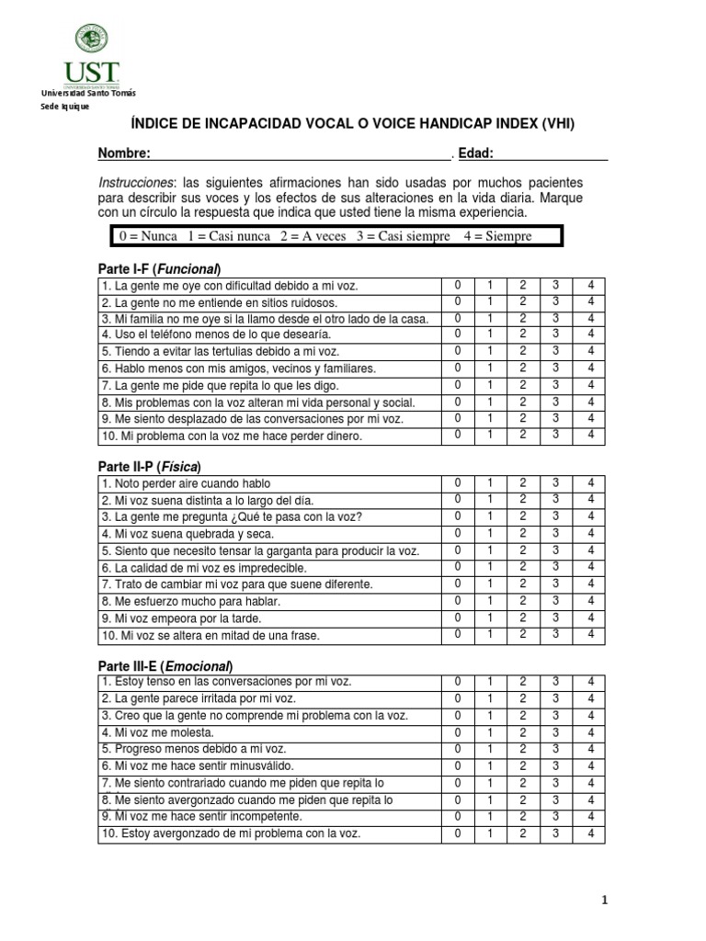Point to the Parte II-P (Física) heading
tap(149, 465)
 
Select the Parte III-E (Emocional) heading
tap(165, 665)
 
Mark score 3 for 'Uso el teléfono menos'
tap(555, 334)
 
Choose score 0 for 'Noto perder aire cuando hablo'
tap(457, 482)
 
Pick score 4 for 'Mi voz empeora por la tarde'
tap(590, 618)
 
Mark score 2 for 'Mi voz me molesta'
tap(522, 732)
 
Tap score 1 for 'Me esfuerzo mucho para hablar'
tap(490, 601)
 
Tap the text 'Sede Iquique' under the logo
tap(62, 107)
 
